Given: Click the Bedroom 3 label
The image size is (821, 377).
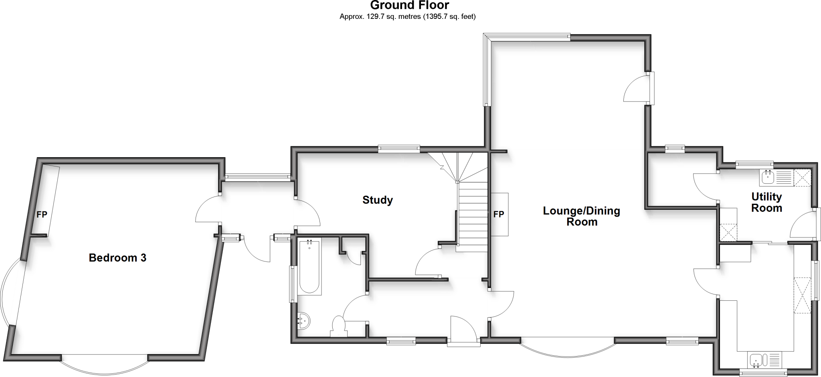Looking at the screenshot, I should click(x=117, y=257).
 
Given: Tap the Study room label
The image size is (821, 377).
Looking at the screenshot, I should click(x=377, y=200).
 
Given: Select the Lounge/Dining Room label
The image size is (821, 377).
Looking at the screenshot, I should click(x=581, y=216).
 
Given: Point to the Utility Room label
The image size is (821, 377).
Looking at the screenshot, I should click(x=766, y=202).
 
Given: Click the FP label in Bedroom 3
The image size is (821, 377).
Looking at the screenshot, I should click(x=42, y=215).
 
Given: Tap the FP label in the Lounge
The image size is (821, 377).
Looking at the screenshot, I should click(x=499, y=215).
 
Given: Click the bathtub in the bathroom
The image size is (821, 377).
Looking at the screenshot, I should click(x=309, y=267).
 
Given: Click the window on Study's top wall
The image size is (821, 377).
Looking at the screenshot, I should click(x=399, y=149).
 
